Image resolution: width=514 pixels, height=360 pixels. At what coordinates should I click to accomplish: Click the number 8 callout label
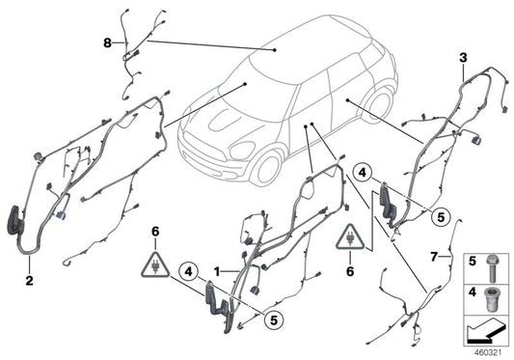(x=108, y=42)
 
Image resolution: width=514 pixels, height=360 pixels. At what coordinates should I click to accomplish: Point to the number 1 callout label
(x=218, y=272)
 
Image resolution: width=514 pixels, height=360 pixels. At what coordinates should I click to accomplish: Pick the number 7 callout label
(x=435, y=258)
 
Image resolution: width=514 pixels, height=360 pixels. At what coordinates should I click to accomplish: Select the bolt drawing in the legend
(x=493, y=262)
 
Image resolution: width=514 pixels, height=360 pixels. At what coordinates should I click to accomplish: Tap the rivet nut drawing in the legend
(x=493, y=295)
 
